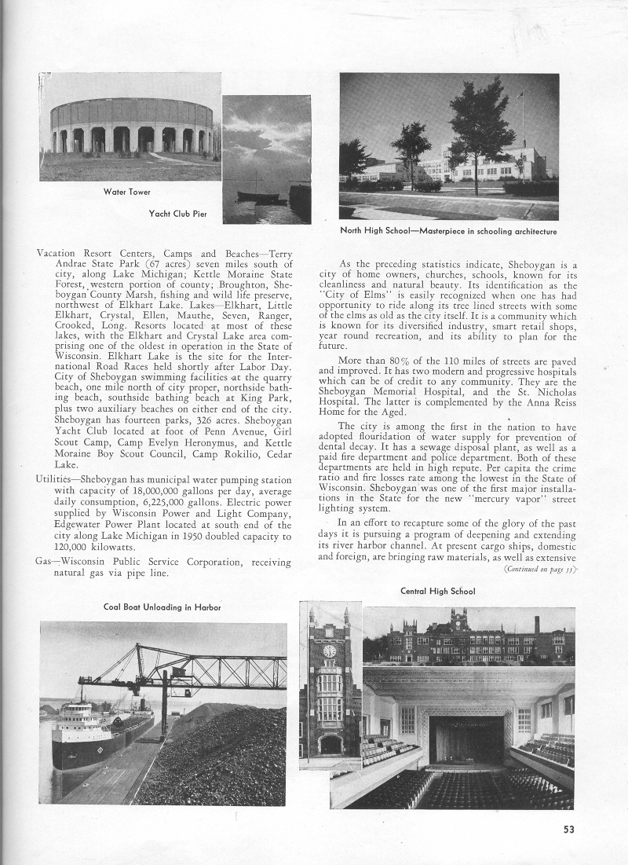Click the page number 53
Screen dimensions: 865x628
[569, 827]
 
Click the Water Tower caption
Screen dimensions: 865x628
[126, 192]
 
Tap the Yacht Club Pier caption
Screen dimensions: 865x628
[178, 214]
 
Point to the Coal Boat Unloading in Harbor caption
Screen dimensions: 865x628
[162, 607]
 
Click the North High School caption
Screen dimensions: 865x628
[448, 232]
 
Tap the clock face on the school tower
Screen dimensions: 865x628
[330, 651]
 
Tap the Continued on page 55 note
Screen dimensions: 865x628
[540, 568]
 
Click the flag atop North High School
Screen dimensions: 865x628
[519, 95]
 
